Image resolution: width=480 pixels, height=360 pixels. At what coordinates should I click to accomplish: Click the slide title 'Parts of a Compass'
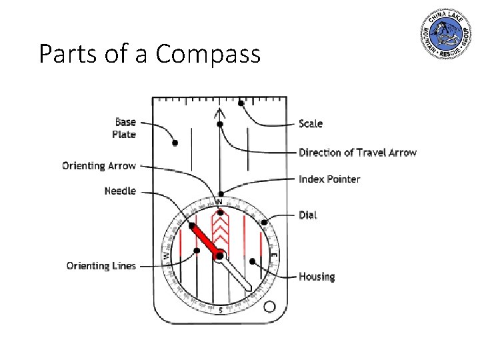point(149,54)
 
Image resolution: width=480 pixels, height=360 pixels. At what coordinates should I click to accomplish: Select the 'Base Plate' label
point(125,128)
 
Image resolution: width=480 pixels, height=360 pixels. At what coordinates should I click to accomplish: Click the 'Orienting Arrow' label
point(99,165)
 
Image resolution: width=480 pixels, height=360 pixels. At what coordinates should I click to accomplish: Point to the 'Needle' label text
point(120,191)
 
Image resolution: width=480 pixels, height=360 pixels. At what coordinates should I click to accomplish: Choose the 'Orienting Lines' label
point(101,266)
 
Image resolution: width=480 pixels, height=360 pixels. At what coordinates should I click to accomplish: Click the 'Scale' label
point(311,123)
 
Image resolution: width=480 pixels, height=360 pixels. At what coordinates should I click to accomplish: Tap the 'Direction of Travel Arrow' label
point(357,153)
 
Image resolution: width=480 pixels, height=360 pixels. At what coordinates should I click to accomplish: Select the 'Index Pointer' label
point(329,179)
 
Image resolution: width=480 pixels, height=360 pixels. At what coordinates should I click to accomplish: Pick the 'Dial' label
point(308,215)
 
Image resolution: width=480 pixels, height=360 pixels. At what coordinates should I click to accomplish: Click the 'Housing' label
point(317,276)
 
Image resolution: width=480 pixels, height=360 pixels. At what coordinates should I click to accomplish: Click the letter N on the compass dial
point(219,201)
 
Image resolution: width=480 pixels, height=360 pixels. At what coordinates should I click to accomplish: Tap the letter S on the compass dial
point(221,310)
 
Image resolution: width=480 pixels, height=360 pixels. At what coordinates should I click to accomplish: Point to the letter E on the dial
point(274,255)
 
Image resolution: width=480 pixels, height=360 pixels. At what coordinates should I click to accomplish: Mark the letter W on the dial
point(166,255)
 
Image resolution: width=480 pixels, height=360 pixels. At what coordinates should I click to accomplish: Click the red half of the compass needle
point(204,239)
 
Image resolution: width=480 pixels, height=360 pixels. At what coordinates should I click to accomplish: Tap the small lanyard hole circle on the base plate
point(269,307)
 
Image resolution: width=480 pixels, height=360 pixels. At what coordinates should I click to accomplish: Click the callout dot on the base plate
point(175,143)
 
